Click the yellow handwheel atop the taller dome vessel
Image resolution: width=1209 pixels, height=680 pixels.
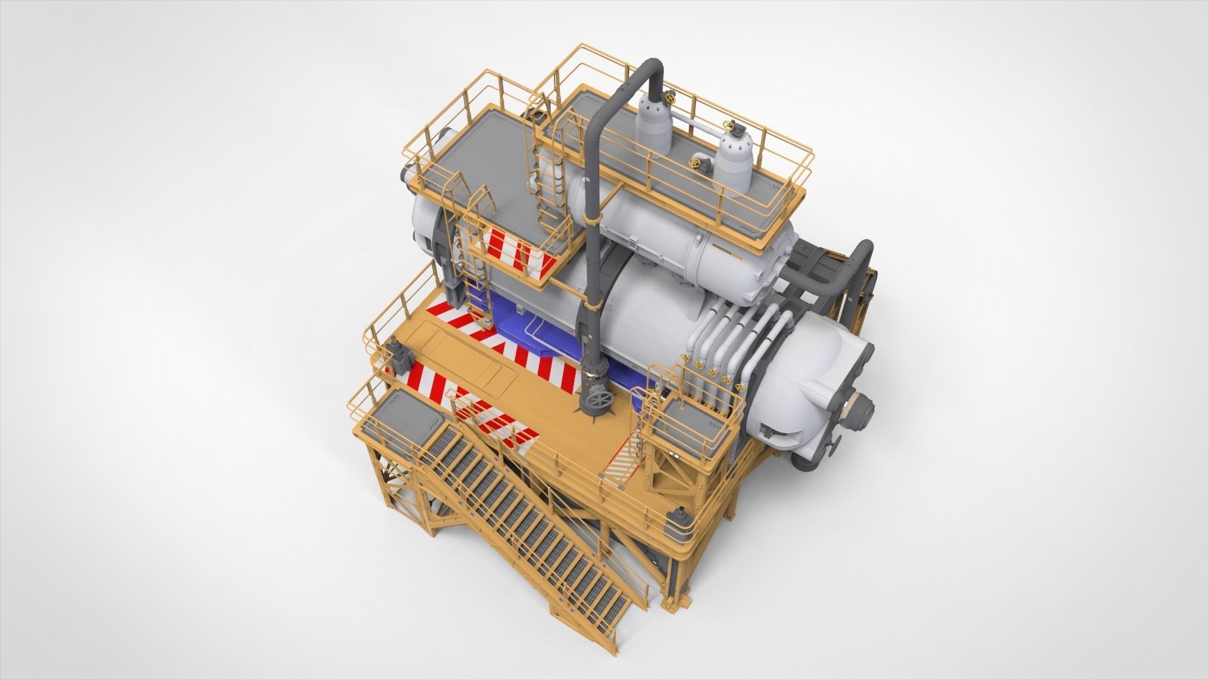(x=667, y=97)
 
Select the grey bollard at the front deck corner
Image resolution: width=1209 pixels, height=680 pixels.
(x=681, y=516)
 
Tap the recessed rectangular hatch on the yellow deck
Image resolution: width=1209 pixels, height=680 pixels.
(x=460, y=353)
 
